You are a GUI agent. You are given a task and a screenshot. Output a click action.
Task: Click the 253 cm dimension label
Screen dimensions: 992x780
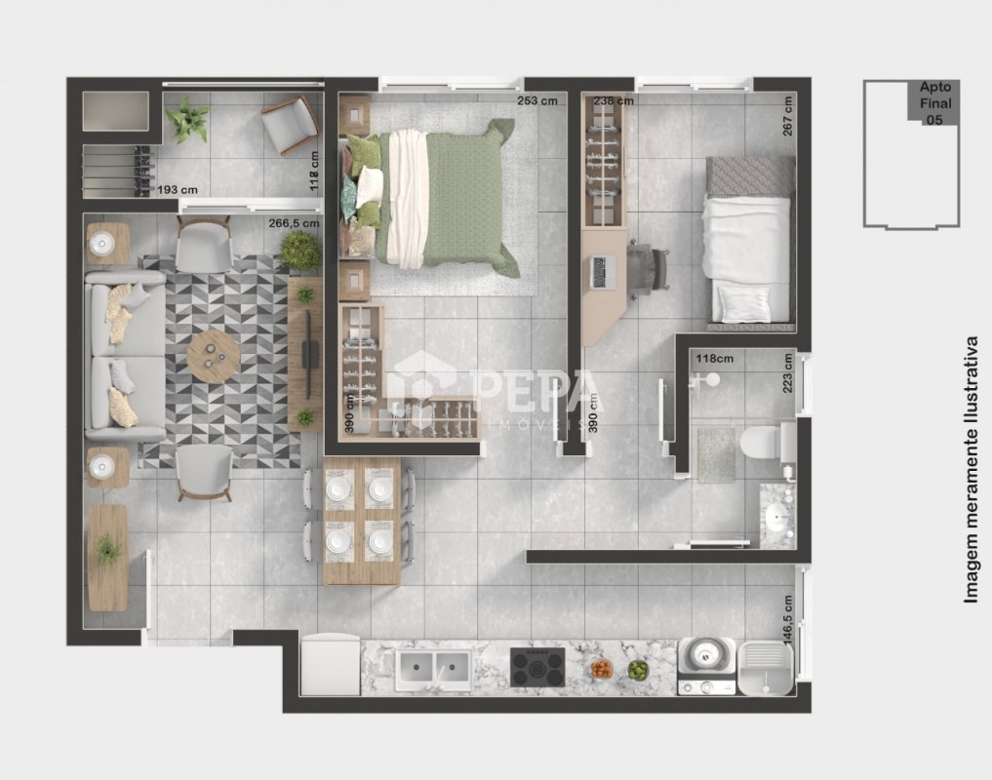pos(537,100)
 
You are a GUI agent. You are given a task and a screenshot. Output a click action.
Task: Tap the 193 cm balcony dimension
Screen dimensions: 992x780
pos(178,190)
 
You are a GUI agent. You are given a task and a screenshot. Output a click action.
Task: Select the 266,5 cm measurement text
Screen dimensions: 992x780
pos(294,223)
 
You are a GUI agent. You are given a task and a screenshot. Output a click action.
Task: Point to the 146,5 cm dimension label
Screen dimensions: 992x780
pos(788,620)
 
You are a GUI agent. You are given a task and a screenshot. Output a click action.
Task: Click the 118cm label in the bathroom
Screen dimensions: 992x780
pos(715,359)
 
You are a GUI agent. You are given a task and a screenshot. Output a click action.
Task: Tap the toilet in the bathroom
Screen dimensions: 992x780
pos(766,443)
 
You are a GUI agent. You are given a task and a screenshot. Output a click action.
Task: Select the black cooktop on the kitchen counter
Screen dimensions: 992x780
pos(537,668)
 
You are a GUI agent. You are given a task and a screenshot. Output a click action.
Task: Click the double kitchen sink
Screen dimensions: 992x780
pos(434,669)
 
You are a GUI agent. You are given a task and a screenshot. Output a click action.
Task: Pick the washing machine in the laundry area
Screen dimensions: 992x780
pos(707,666)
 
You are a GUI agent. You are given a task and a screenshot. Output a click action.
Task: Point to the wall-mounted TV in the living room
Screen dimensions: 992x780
pos(309,354)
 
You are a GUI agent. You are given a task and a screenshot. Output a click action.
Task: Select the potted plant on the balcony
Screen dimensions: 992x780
pos(187,119)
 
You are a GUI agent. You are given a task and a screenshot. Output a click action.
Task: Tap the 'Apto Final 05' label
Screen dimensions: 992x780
pos(934,103)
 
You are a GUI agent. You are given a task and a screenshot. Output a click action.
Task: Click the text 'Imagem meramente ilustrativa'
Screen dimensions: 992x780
pos(972,469)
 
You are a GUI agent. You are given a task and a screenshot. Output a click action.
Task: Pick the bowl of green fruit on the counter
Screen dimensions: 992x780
pos(638,671)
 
